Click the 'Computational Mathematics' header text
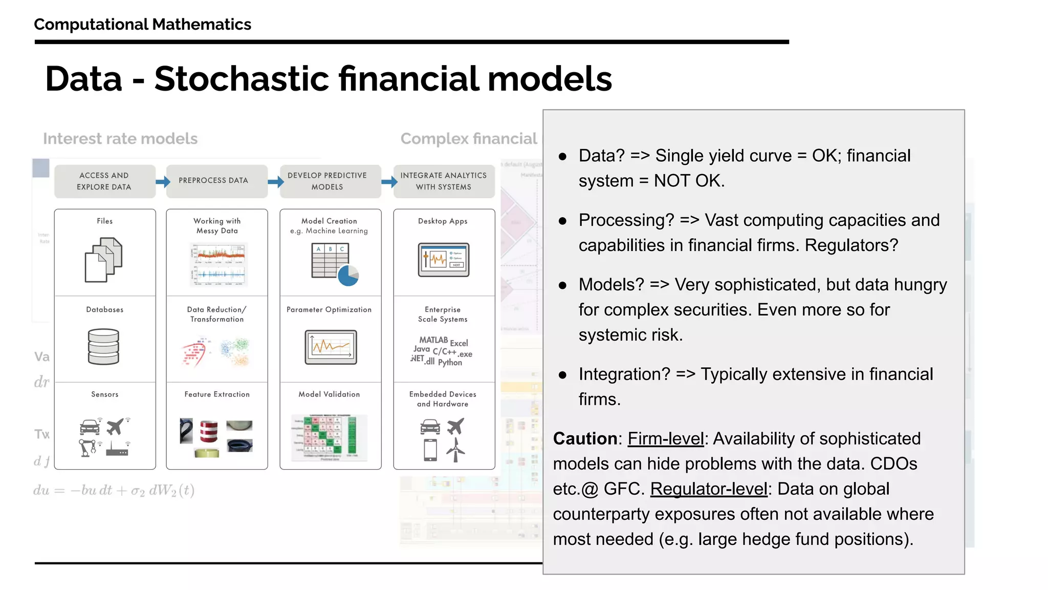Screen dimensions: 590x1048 (x=142, y=24)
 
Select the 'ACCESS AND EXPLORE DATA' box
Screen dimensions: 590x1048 (x=104, y=181)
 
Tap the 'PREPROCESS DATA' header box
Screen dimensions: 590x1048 (x=216, y=181)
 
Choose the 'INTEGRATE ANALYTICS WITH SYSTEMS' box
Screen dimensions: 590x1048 (x=443, y=181)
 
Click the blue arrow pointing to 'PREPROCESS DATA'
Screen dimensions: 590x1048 (x=163, y=181)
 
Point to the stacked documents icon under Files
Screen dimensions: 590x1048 (x=103, y=260)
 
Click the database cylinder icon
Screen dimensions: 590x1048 (x=103, y=347)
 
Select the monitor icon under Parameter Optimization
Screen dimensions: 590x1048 (x=331, y=347)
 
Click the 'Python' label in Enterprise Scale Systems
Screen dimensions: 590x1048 (x=450, y=363)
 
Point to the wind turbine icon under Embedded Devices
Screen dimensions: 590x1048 (x=455, y=450)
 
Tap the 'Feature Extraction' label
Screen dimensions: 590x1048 (x=217, y=394)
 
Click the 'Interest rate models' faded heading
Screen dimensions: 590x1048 (x=120, y=139)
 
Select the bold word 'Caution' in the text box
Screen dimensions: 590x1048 (x=585, y=439)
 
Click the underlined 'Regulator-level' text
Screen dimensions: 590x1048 (x=709, y=489)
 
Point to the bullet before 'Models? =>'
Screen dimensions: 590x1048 (x=562, y=286)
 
